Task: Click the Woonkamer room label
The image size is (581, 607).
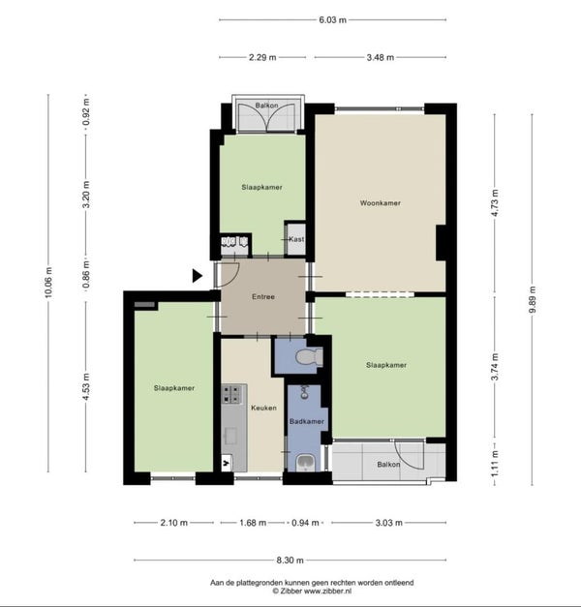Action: [x=380, y=203]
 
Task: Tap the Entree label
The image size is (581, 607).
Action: [x=263, y=296]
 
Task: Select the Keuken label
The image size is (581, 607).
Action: [x=263, y=408]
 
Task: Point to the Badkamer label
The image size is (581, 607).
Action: [x=307, y=421]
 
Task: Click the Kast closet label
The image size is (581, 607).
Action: [x=296, y=239]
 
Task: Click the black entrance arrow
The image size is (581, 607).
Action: [x=198, y=276]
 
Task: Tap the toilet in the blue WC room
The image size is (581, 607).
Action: [x=309, y=356]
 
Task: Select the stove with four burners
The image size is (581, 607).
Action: [x=231, y=394]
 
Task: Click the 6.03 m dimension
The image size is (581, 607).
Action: [x=332, y=19]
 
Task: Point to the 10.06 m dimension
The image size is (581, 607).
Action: [x=48, y=283]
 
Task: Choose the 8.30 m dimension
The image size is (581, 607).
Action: [x=290, y=560]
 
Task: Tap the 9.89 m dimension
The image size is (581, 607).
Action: [x=532, y=300]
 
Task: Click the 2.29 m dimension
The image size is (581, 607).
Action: [x=262, y=57]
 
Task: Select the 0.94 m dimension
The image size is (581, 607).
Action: [x=305, y=523]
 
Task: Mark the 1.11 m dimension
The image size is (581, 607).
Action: [x=495, y=464]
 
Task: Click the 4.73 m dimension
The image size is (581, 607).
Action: [x=495, y=203]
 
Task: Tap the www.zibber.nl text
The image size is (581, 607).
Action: [x=327, y=592]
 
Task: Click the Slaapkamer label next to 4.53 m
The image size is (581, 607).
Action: [x=174, y=388]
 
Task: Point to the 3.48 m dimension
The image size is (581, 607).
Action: [x=381, y=57]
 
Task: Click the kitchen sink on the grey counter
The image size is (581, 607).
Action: [x=231, y=437]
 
